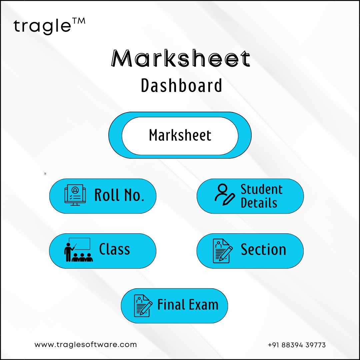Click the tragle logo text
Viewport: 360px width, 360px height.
click(42, 26)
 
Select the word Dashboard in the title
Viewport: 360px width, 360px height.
click(181, 85)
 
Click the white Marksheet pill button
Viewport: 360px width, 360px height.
click(180, 135)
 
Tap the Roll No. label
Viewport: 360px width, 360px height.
click(119, 195)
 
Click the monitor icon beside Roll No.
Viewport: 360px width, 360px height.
click(75, 195)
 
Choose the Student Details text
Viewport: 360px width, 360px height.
click(262, 196)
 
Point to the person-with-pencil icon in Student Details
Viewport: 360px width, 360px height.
click(225, 194)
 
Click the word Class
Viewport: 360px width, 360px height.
click(115, 249)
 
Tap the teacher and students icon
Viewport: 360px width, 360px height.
click(78, 250)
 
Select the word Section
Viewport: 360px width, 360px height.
click(263, 249)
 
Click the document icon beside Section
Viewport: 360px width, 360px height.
click(222, 251)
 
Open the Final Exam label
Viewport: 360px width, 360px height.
click(188, 305)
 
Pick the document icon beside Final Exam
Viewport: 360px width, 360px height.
click(143, 306)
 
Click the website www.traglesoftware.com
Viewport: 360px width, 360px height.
click(86, 345)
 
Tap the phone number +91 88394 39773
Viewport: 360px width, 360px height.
click(297, 345)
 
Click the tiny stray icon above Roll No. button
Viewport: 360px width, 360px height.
click(45, 174)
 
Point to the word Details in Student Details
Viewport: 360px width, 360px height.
click(259, 203)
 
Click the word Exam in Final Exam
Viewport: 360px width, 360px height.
click(203, 305)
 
